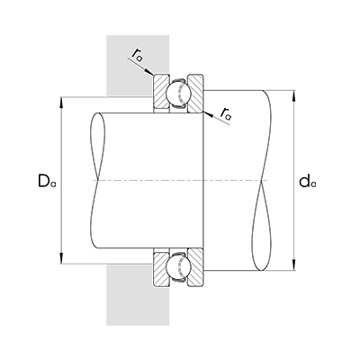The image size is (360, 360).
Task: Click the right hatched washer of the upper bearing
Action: pos(197,94)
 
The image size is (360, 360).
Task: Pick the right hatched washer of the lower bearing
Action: pos(197,266)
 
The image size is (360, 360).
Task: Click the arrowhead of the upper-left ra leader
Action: pos(152,74)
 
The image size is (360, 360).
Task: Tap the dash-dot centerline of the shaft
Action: pos(180,180)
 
